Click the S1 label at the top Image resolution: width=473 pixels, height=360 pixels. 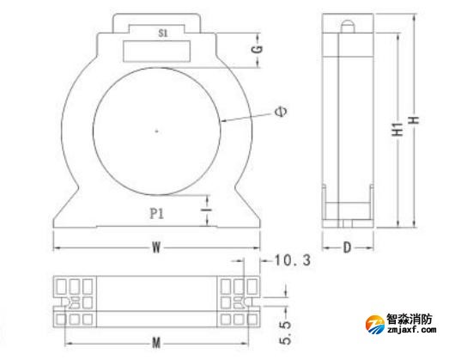point(163,34)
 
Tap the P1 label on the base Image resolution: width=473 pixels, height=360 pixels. point(157,214)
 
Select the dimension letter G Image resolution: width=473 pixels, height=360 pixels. point(258,49)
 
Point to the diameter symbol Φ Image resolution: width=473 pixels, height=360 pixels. point(282,112)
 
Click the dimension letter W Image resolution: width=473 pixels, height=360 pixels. point(156,248)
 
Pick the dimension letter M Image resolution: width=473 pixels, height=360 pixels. point(156,343)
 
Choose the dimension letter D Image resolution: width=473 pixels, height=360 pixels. point(348,248)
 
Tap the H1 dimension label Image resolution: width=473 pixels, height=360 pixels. point(398,129)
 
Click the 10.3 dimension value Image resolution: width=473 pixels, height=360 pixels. point(292,260)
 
